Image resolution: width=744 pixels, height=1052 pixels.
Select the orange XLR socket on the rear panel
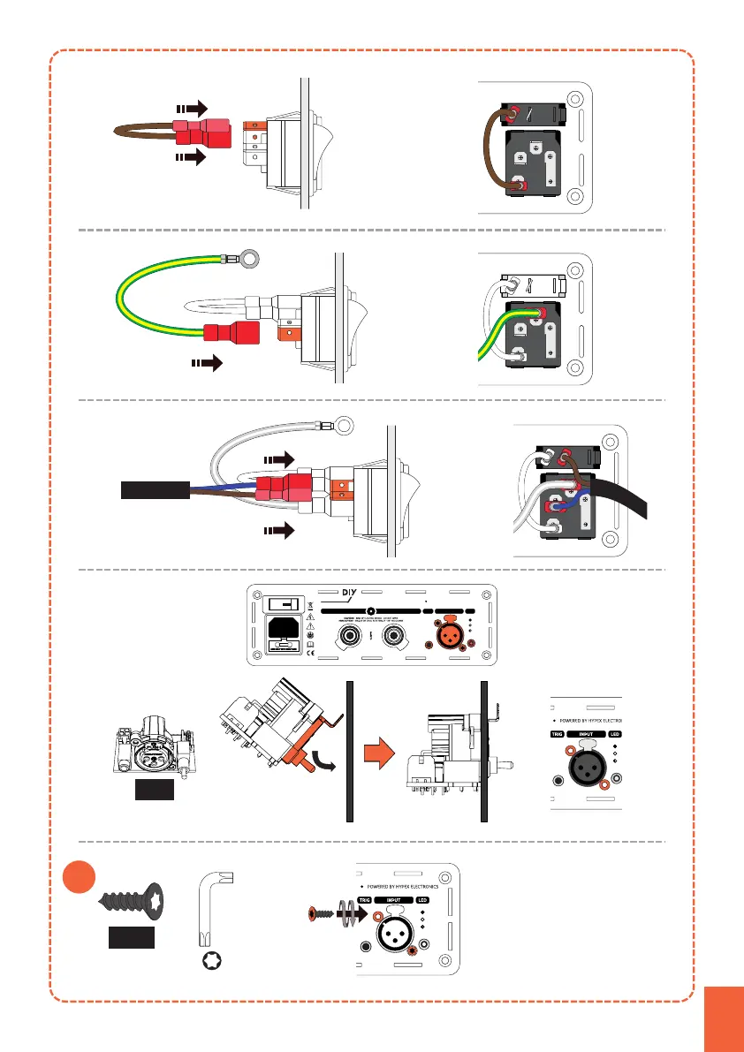point(446,633)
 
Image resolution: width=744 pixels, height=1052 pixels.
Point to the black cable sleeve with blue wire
point(156,488)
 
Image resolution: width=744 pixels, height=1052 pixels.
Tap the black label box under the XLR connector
point(154,789)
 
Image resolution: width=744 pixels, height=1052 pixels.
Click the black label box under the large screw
point(130,938)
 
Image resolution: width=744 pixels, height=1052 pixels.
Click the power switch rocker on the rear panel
point(285,605)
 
